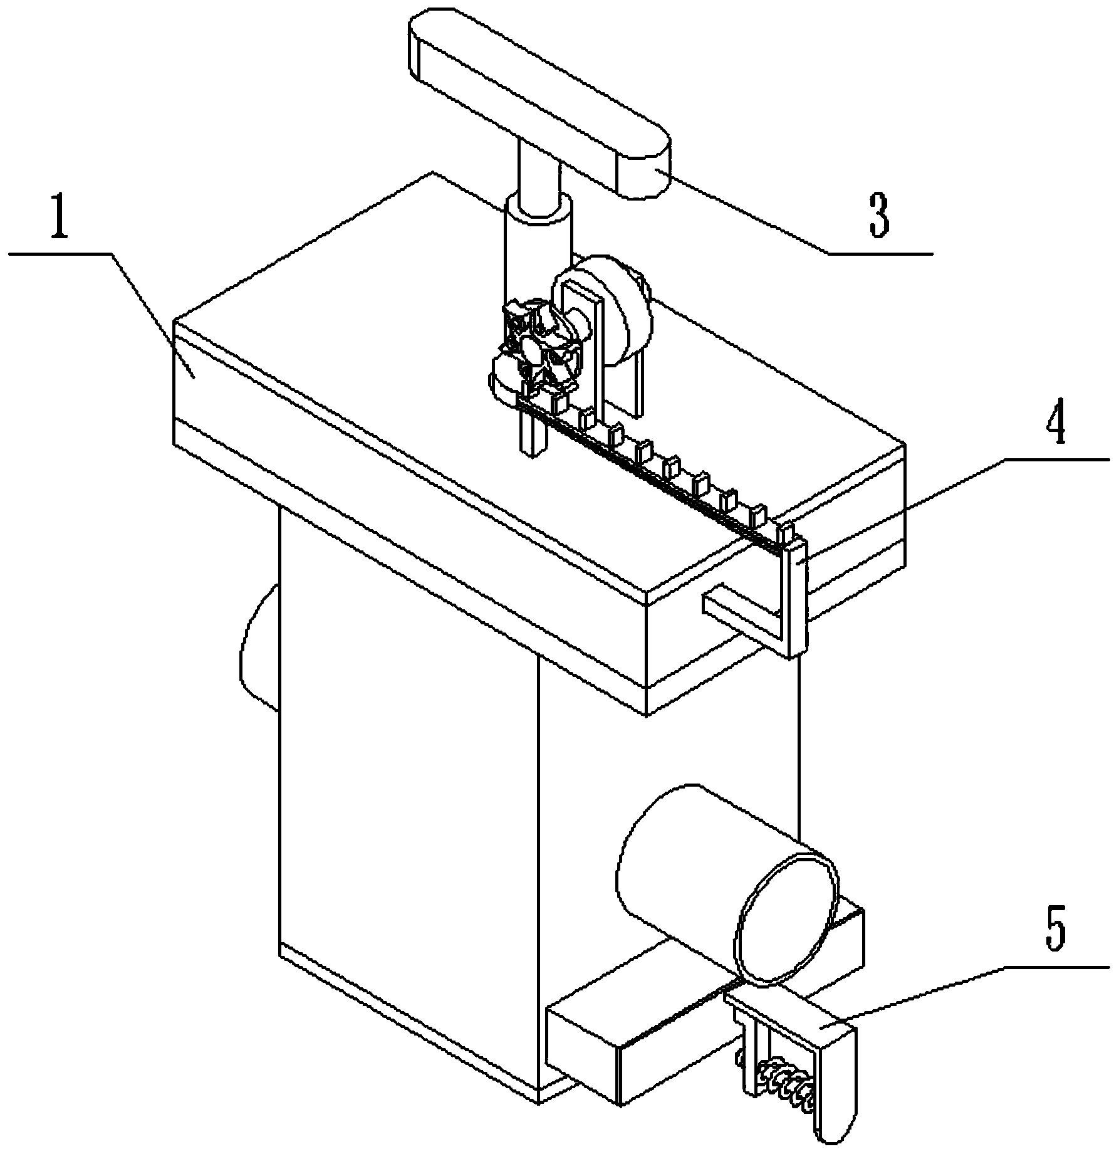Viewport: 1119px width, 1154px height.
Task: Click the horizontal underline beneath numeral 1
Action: point(60,253)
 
